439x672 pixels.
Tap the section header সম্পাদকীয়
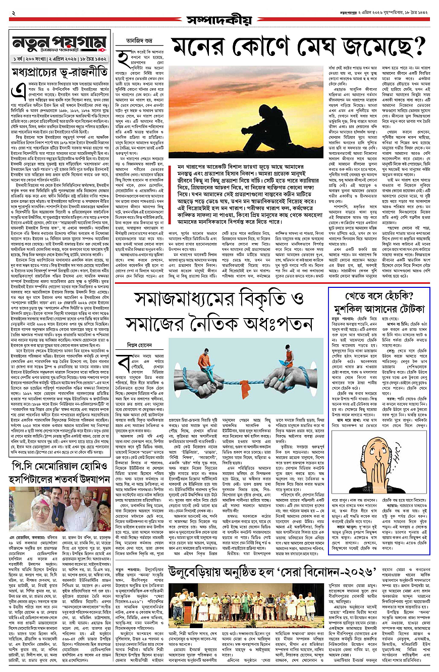pos(219,20)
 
